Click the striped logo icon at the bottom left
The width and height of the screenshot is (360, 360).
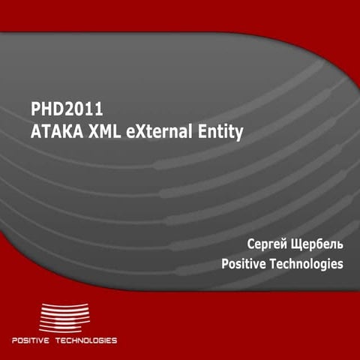coord(64,316)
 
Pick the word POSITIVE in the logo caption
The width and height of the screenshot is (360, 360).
coord(31,340)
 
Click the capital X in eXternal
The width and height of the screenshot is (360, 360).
coord(140,133)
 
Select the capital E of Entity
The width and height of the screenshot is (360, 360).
coord(202,133)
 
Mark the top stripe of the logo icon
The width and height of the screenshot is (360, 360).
coord(64,304)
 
